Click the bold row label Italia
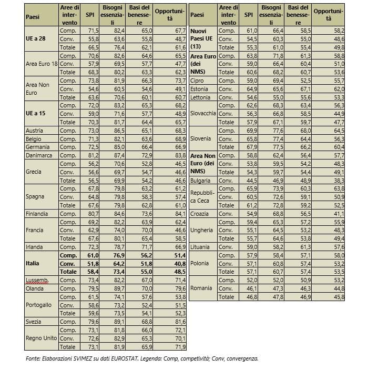click(33, 263)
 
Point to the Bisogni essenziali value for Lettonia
click(277, 97)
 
